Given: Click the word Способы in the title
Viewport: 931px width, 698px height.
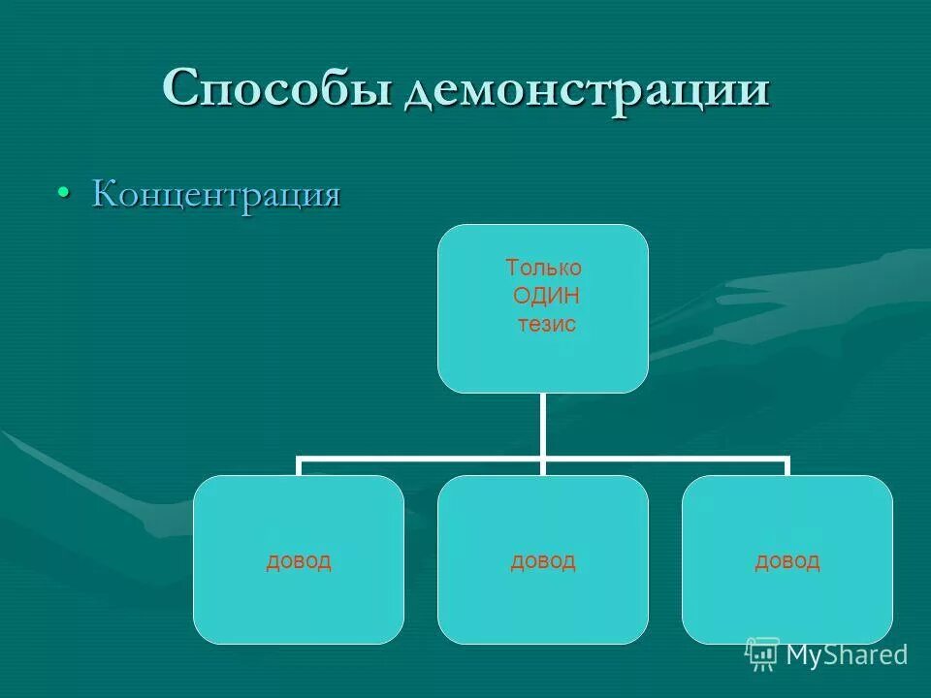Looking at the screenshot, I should [278, 90].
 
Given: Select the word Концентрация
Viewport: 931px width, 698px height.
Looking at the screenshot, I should [216, 194].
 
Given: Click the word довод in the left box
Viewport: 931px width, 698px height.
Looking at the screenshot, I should [299, 560].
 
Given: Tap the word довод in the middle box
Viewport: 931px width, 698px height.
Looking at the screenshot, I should [543, 560].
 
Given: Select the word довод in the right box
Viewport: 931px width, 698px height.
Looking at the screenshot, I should [787, 560].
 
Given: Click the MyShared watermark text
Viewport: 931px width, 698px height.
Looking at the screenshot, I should [847, 655].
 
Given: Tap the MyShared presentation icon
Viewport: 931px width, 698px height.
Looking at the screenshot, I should [762, 654].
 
